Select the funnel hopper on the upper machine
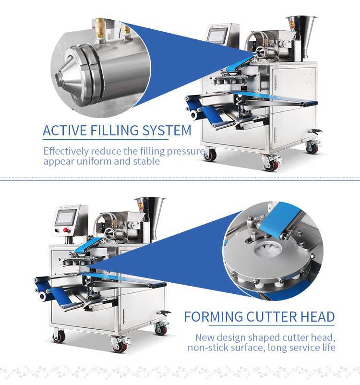(301, 26)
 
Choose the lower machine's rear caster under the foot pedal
(161, 328)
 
